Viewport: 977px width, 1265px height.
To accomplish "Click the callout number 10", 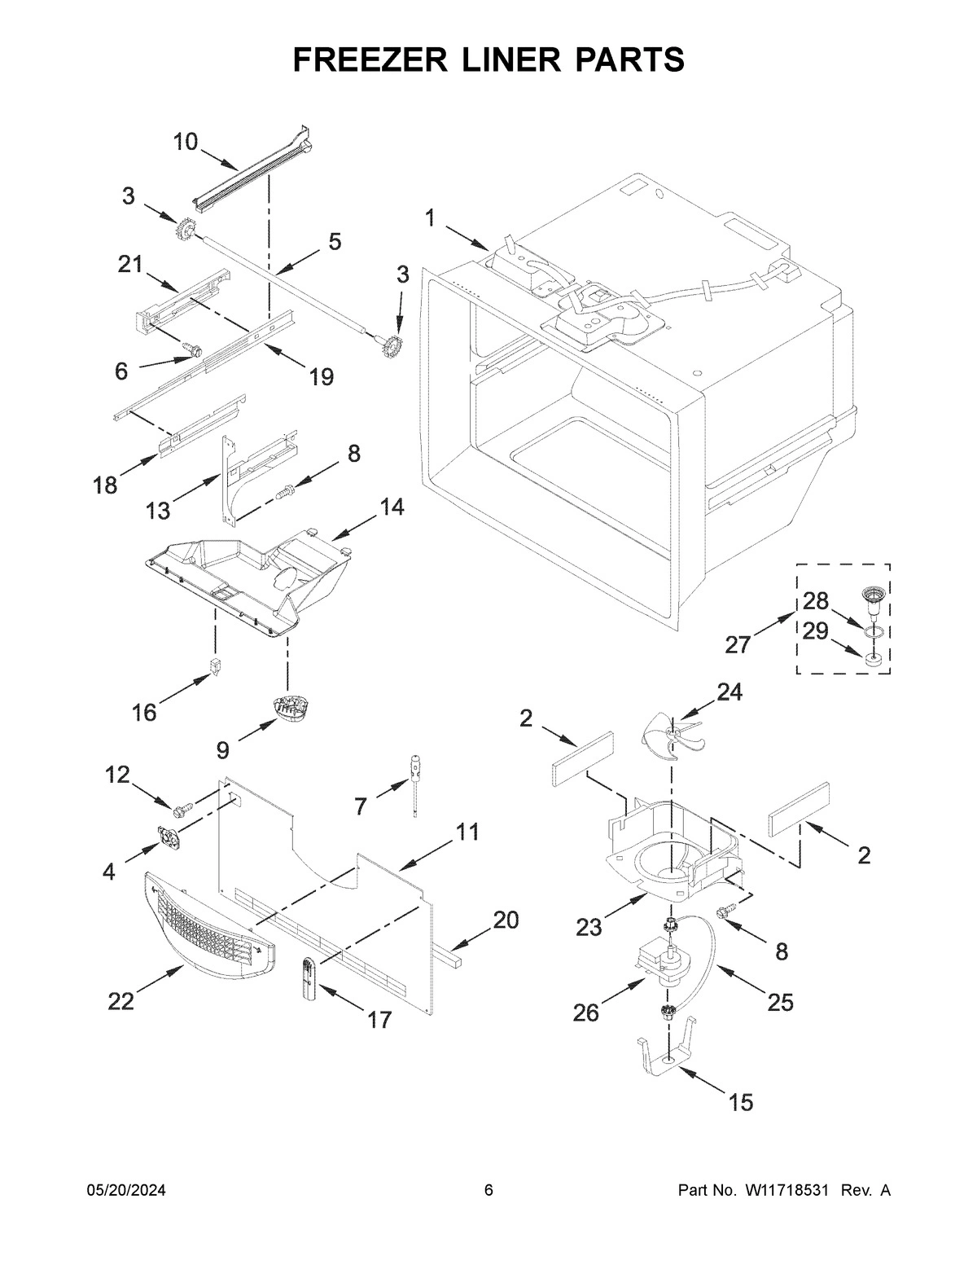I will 185,142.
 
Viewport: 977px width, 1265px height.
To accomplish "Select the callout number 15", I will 740,1102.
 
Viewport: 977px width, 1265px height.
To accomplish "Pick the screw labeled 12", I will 183,810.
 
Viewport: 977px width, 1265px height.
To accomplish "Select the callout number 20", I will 505,920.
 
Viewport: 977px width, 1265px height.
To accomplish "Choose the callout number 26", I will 585,1012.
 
